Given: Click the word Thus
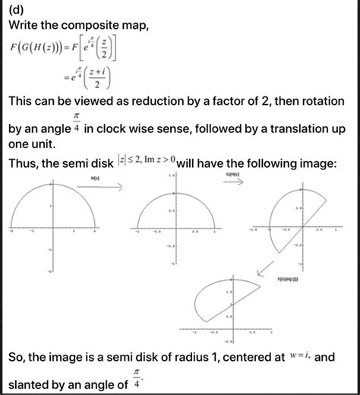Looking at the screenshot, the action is (x=24, y=163).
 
